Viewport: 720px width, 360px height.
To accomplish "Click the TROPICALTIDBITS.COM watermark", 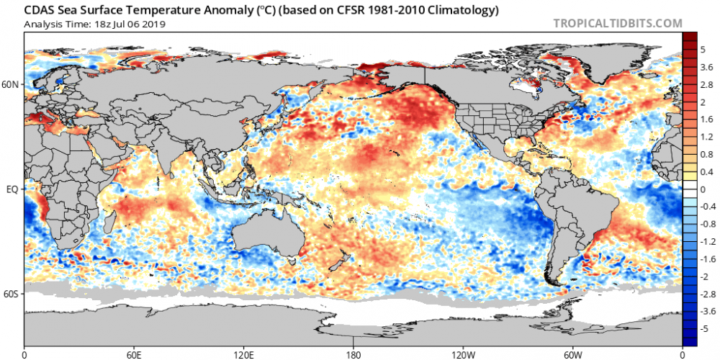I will [618, 23].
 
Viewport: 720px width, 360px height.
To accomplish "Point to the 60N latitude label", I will [11, 85].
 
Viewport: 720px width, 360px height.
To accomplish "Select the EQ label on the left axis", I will [12, 190].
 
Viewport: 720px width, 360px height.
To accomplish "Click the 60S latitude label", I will [11, 294].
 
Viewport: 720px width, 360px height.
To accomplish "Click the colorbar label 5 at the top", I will [701, 50].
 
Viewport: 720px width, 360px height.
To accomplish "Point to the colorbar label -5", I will [703, 328].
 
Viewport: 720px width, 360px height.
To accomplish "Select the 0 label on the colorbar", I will [701, 189].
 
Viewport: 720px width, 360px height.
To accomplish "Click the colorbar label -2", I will [703, 276].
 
